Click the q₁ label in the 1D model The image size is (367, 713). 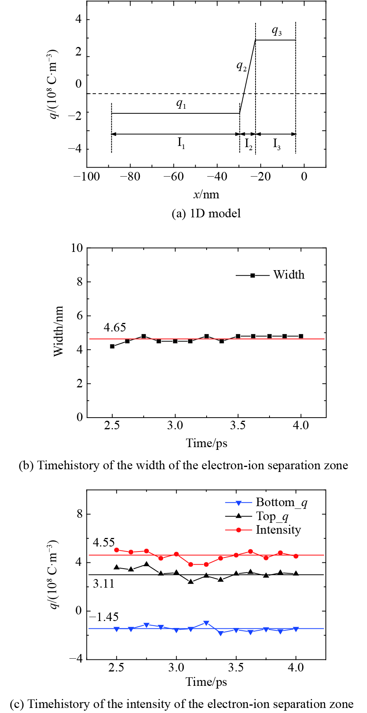[x=181, y=104]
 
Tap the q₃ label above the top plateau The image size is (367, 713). [x=277, y=31]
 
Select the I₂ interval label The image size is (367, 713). [x=249, y=144]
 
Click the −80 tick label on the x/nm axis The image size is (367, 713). [x=130, y=177]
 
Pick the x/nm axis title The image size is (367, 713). [x=206, y=194]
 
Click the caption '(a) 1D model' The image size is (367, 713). [x=206, y=213]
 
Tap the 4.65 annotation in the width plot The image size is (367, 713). [x=115, y=328]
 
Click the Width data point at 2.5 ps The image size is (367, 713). [x=112, y=346]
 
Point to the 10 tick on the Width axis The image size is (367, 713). [x=77, y=248]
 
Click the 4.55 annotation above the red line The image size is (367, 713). [x=104, y=543]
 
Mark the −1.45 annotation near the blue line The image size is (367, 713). [x=104, y=617]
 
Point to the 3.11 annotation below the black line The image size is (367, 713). [x=104, y=583]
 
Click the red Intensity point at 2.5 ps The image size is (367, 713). [x=117, y=550]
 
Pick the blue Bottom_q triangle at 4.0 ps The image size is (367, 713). [x=296, y=629]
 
